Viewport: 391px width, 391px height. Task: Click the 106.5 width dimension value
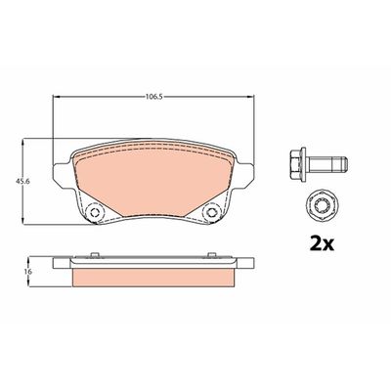(x=152, y=98)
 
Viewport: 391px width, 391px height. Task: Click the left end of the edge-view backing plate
(x=61, y=263)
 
